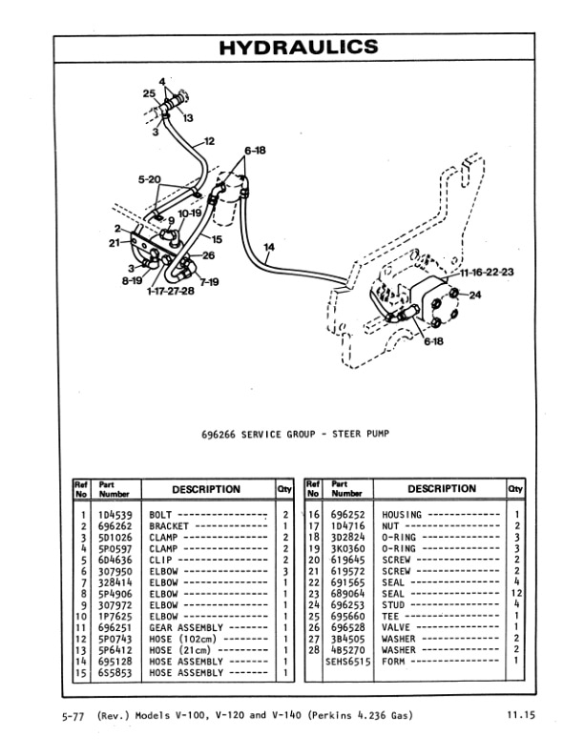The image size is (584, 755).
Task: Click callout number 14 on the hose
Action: [269, 247]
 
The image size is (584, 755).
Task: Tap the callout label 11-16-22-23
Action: [487, 272]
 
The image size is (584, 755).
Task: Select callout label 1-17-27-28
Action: [171, 291]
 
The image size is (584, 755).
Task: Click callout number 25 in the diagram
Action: [148, 93]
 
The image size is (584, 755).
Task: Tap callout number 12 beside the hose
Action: [210, 140]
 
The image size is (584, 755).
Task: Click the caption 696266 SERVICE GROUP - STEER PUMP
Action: [296, 435]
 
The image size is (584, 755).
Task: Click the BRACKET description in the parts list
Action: [171, 526]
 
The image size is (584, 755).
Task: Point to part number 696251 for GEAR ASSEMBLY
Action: [115, 628]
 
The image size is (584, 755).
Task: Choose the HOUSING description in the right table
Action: [402, 515]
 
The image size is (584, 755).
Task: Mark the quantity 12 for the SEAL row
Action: [516, 594]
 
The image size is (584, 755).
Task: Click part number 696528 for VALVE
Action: [345, 628]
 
